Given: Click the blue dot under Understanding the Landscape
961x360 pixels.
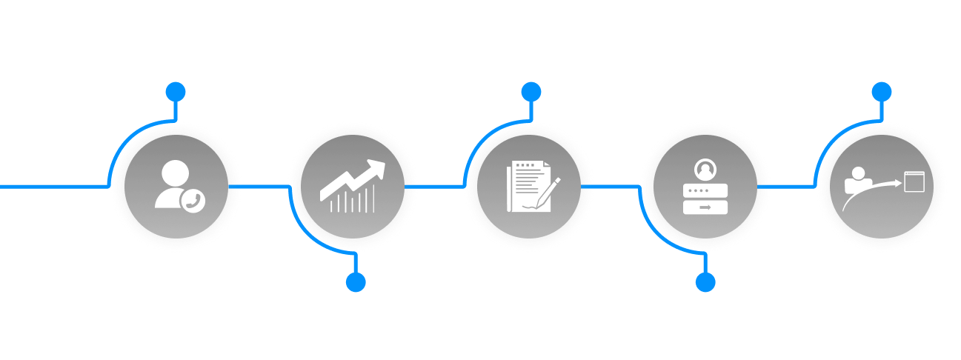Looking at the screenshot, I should pos(176,92).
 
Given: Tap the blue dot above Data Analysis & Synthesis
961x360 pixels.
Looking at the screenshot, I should pos(356,282).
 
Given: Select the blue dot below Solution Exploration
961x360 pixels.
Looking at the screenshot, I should pos(531,92).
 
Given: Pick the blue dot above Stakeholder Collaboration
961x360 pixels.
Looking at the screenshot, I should pos(705,282).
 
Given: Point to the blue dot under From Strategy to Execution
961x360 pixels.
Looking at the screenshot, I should pos(881,92).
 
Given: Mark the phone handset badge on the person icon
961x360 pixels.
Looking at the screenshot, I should pos(194,201).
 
